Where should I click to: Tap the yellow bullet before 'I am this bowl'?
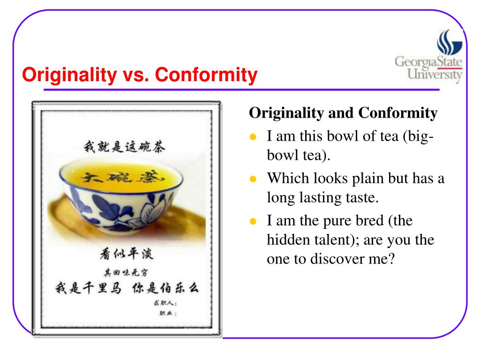(253, 138)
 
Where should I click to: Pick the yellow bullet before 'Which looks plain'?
(253, 180)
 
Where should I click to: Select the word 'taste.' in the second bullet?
(361, 197)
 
